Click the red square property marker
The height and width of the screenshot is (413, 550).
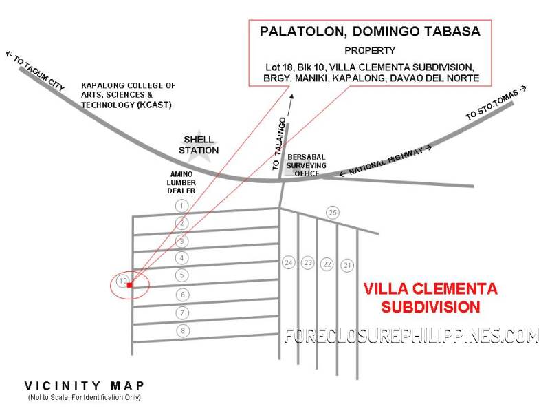pos(130,285)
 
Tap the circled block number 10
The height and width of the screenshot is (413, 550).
pos(123,281)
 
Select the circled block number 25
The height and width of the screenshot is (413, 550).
pos(333,213)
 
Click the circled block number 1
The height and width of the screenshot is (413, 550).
pos(181,206)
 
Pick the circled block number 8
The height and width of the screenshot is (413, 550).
pos(183,331)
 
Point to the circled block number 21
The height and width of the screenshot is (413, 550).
pos(347,266)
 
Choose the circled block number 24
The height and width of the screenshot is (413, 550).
pos(289,262)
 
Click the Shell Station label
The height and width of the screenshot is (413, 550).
pos(199,145)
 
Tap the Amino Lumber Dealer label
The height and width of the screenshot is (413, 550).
pos(181,182)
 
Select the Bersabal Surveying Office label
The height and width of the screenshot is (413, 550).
pos(306,165)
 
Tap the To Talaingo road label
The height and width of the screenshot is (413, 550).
pos(279,144)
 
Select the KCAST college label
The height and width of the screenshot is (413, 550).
pos(129,95)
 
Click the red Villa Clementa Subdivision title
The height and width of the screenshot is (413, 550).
pos(430,298)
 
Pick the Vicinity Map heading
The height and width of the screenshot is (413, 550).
pos(84,386)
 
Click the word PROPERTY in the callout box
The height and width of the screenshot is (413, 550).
pos(370,51)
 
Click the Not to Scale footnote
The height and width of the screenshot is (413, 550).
pos(84,398)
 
